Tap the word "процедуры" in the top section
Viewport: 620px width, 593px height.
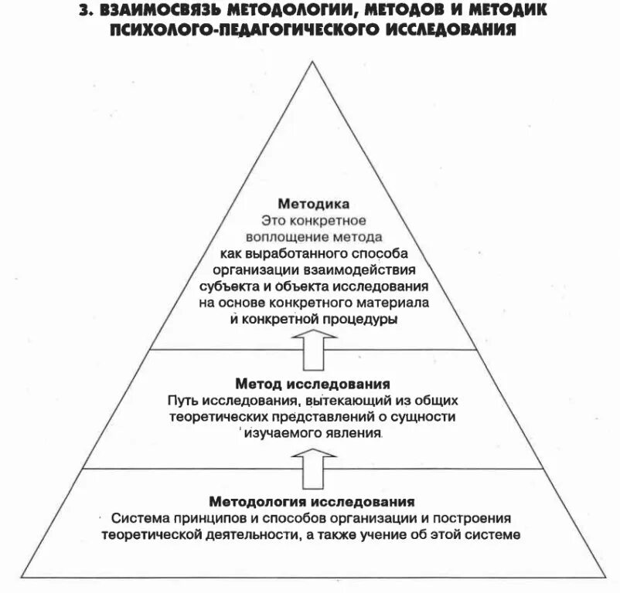pyautogui.click(x=361, y=317)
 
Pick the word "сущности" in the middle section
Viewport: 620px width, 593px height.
pyautogui.click(x=428, y=417)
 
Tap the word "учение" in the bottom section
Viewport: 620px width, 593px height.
pyautogui.click(x=407, y=534)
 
